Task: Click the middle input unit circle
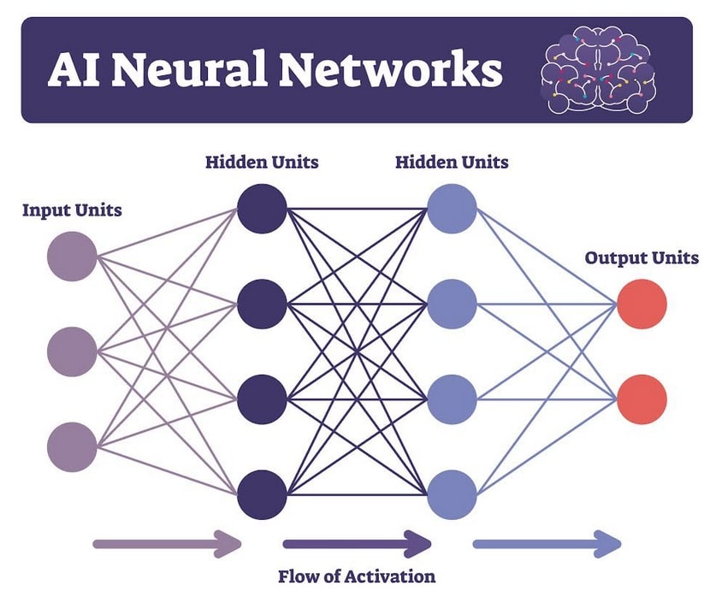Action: pyautogui.click(x=72, y=351)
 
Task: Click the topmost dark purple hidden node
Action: pyautogui.click(x=262, y=208)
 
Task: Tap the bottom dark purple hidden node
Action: pyautogui.click(x=262, y=493)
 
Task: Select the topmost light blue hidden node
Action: pyautogui.click(x=452, y=208)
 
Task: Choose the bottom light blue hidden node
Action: pyautogui.click(x=452, y=493)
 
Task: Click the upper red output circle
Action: pyautogui.click(x=642, y=304)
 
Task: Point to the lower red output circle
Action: pyautogui.click(x=642, y=399)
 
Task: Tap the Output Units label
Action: pyautogui.click(x=641, y=257)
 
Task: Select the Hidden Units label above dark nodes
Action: pyautogui.click(x=262, y=163)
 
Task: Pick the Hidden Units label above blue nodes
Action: pyautogui.click(x=452, y=163)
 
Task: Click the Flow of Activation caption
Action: pyautogui.click(x=357, y=576)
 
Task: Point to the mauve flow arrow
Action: pyautogui.click(x=168, y=543)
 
